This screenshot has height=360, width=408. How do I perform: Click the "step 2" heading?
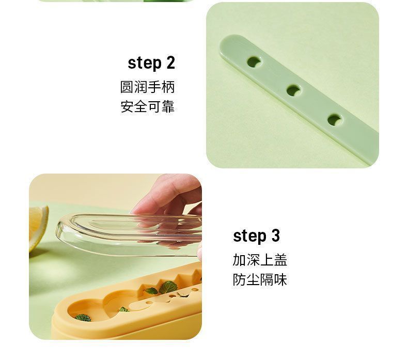pos(151,62)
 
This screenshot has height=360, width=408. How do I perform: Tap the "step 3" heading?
pos(256,236)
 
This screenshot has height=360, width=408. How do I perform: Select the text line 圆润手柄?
pos(147,87)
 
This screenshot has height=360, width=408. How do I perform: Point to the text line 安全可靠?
pos(147,107)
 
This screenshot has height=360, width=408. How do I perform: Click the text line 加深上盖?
pos(260,260)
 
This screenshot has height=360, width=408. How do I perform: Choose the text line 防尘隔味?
pos(260,280)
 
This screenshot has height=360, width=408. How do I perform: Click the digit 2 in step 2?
pos(170,62)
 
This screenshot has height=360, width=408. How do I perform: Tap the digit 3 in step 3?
pos(276,236)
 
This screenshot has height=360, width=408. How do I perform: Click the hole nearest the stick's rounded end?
pos(254,62)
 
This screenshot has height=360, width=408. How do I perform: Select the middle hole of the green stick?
pos(294,91)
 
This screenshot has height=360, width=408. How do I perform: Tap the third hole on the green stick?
pos(335,120)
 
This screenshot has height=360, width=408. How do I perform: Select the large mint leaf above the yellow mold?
pos(168,287)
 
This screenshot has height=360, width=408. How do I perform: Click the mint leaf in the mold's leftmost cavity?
pos(83,318)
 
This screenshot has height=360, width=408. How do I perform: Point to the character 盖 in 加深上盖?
pos(280,260)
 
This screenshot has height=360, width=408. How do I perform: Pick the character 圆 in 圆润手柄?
pos(127,87)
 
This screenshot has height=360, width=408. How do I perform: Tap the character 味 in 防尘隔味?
pos(280,280)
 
